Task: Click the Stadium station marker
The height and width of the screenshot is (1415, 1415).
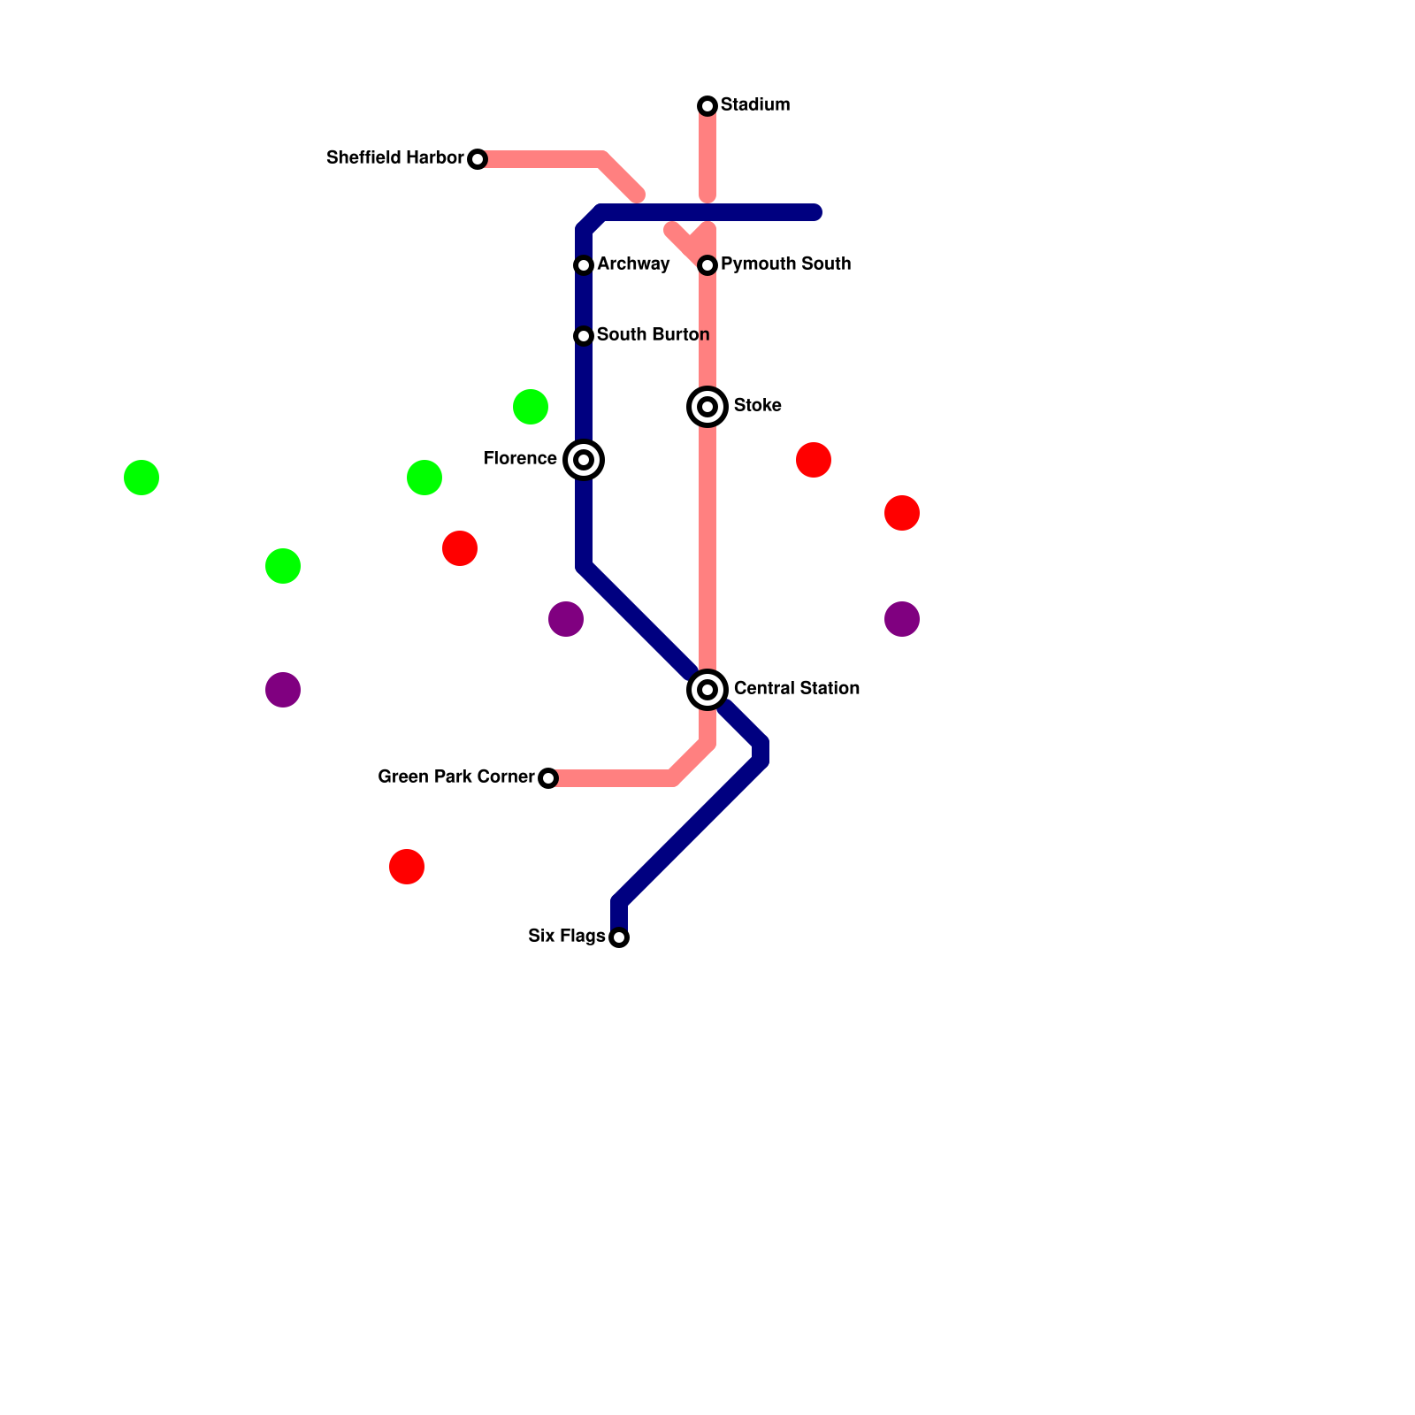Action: (x=707, y=106)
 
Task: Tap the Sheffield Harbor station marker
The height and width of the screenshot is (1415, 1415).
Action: (x=478, y=159)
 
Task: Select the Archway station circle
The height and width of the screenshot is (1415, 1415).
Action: (x=584, y=265)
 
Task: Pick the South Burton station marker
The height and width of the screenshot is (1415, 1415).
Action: (x=584, y=336)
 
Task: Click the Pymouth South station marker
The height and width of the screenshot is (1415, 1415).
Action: (x=707, y=265)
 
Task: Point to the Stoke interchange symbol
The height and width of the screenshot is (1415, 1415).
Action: (x=707, y=407)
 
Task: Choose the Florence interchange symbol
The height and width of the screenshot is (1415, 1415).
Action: (x=584, y=460)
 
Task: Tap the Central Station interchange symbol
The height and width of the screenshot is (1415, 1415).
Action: (x=707, y=690)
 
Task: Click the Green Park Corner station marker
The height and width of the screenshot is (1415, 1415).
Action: (x=548, y=778)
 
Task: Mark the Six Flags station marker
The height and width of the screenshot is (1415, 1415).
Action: (x=619, y=937)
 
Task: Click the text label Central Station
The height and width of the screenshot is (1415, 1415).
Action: (x=796, y=688)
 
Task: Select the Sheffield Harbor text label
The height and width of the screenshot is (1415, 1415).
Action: (x=394, y=157)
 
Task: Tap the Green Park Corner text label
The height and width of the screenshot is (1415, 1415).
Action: (x=455, y=776)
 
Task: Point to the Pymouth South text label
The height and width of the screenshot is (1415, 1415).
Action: (x=785, y=264)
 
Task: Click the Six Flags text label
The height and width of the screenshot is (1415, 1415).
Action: (x=566, y=936)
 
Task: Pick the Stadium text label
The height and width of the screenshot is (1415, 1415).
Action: (x=754, y=104)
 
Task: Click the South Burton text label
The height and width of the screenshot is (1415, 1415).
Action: (x=653, y=334)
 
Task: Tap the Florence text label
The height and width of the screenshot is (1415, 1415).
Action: (x=520, y=458)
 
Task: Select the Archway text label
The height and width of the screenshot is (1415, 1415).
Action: (x=633, y=264)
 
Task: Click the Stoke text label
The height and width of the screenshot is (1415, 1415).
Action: (x=757, y=405)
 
